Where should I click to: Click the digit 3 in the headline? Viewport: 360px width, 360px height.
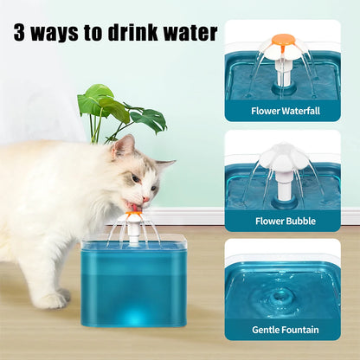pos(20,34)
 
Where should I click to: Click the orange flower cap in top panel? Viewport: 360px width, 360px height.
pos(282,40)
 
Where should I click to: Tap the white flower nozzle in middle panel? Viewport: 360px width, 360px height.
pos(282,156)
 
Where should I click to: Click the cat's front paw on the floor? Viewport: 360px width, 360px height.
pos(49,299)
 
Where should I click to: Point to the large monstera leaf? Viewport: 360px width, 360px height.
pos(98,100)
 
